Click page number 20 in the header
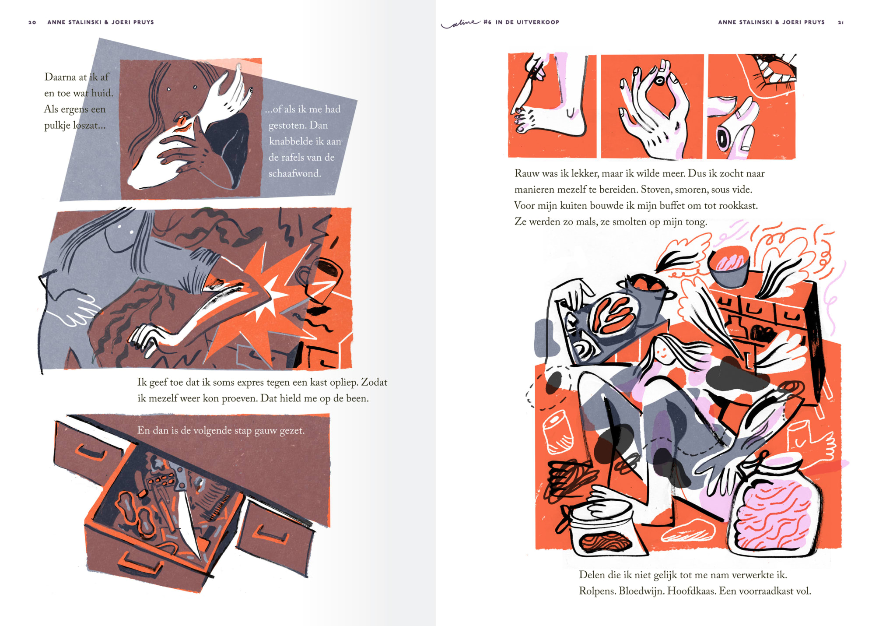click(x=32, y=22)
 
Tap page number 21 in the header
click(x=840, y=22)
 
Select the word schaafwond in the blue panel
click(x=294, y=173)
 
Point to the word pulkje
click(x=57, y=126)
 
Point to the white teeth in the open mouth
click(x=772, y=73)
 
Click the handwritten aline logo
click(x=461, y=23)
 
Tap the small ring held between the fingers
click(x=659, y=81)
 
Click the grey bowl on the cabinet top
click(x=729, y=267)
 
